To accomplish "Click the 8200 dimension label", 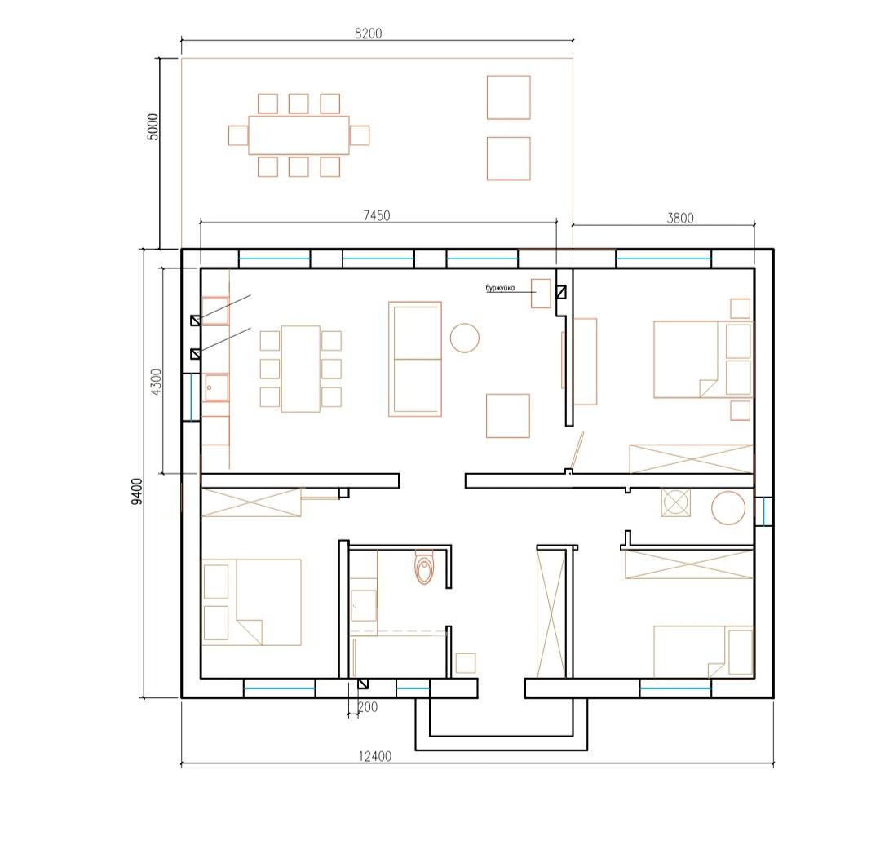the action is [368, 33].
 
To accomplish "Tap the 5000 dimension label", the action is [153, 126].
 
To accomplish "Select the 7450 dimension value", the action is [377, 215].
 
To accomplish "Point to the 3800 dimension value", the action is [680, 219].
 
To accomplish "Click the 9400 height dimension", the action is [137, 491].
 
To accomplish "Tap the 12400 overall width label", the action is [375, 756].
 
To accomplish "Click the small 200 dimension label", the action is [368, 707].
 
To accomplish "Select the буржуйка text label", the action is [500, 289].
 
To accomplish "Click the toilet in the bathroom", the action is [424, 567].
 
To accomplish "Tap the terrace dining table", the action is [298, 135].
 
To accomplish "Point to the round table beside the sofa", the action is [465, 338].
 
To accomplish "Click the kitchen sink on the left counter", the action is [216, 387].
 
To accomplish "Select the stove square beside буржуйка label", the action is [541, 293].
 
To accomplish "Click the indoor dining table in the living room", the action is [301, 369].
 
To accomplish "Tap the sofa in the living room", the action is [415, 359].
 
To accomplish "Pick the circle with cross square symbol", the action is [676, 502].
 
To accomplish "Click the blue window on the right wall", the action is [764, 511].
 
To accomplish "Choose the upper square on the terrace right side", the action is [508, 98].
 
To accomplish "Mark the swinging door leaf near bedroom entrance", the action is [577, 450].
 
